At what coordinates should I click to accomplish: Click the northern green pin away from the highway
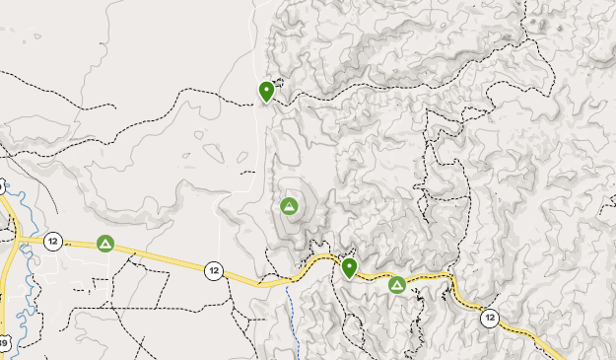point(266,92)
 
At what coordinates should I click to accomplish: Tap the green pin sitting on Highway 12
point(349,268)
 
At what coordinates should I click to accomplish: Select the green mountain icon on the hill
point(289,206)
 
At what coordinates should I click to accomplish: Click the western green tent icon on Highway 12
point(105,243)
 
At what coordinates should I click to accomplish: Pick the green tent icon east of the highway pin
point(397,285)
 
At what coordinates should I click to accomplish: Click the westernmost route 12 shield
point(53,241)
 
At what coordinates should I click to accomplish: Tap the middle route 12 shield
point(213,269)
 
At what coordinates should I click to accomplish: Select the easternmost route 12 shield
point(489,318)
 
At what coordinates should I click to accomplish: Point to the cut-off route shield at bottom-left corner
point(3,343)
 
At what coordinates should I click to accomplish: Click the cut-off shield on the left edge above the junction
point(2,186)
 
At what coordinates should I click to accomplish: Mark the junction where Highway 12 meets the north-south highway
point(16,239)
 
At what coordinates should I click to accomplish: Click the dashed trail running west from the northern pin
point(197,91)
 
